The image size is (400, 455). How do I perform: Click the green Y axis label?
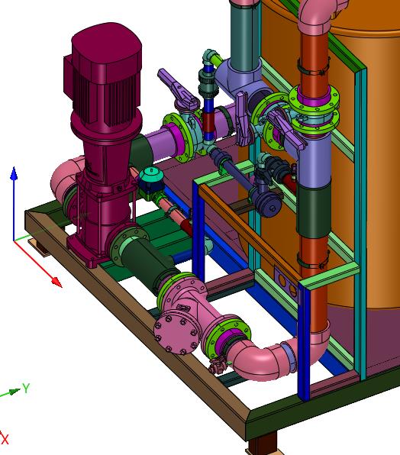(x=26, y=388)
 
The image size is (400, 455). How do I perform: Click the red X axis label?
(x=5, y=439)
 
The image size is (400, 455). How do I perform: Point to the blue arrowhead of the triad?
(x=14, y=173)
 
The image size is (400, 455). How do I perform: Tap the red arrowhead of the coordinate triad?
(x=56, y=282)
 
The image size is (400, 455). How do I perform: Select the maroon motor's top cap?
(x=106, y=44)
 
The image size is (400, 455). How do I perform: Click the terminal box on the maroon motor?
(x=69, y=77)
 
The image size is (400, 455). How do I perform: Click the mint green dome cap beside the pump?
(x=150, y=175)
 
